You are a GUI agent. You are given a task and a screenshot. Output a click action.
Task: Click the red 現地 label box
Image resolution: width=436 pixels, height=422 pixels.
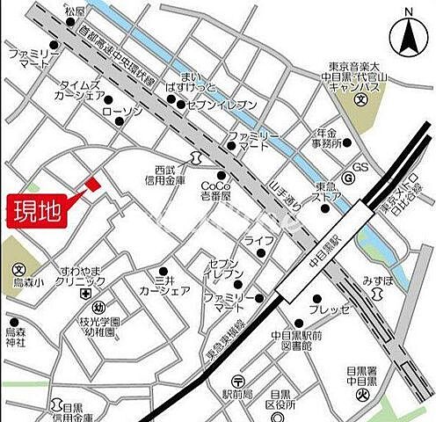click(35, 211)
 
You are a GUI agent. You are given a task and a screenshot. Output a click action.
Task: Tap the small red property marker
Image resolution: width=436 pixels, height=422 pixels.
click(92, 184)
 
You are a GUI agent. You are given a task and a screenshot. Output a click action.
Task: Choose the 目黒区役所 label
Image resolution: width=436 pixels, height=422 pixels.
click(287, 400)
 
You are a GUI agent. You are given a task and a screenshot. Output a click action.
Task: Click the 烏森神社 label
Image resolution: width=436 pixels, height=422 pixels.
click(17, 336)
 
